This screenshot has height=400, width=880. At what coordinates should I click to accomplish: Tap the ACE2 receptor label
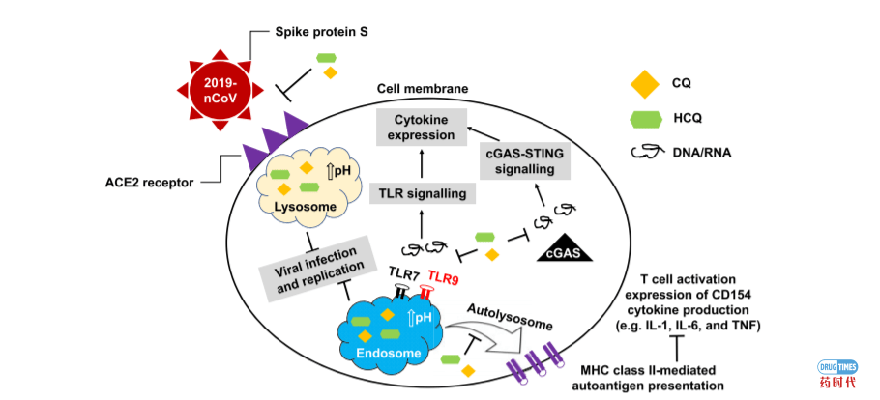[x=161, y=181]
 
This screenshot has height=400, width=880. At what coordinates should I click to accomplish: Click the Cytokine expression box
[x=423, y=127]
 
